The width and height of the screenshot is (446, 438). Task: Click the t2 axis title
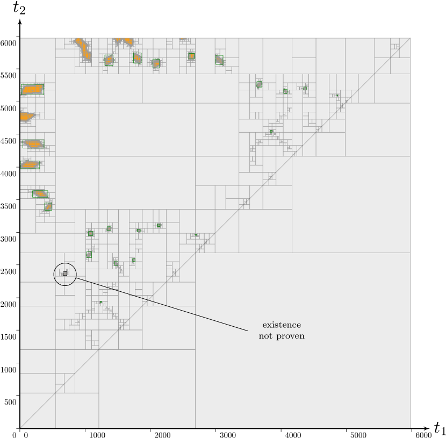19,9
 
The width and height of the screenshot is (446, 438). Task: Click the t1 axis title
440,427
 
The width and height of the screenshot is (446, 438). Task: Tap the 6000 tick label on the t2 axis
9,43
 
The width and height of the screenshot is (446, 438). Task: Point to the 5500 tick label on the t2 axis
9,76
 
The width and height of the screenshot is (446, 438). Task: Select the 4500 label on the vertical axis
9,141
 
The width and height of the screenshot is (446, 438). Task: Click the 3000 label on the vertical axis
9,239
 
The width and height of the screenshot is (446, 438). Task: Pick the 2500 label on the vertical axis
9,271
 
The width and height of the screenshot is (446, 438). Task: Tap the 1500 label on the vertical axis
9,337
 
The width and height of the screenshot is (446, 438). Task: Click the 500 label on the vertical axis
10,402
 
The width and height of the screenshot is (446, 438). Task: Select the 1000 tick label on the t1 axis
97,435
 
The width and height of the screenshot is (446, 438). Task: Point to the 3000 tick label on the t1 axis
228,435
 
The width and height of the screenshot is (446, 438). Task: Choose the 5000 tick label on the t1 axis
358,435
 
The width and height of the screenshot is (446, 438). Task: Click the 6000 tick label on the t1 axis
424,435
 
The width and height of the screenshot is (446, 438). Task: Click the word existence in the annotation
282,325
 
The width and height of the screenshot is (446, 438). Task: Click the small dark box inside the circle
65,274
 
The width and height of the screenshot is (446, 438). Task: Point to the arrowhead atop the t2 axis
20,21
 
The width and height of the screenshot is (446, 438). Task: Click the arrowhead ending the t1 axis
426,428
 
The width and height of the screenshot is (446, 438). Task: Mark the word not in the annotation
265,336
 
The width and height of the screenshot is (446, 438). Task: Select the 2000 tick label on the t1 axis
162,435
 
